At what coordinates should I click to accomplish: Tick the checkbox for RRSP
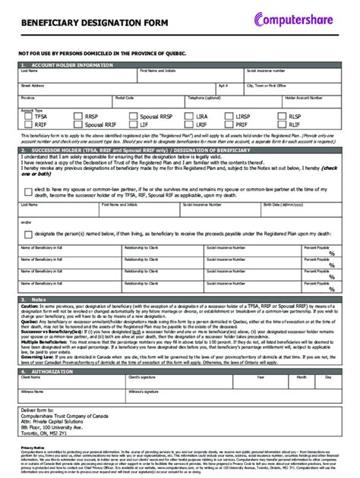[x=78, y=117]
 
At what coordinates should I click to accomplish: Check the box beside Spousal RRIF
[x=78, y=124]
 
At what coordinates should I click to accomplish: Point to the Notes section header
[x=38, y=299]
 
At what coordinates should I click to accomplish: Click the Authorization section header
[x=49, y=372]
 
